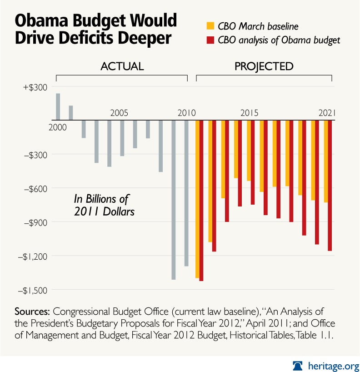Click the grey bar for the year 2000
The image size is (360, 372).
(58, 107)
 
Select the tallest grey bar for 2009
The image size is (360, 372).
(174, 200)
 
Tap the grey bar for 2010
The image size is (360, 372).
(186, 193)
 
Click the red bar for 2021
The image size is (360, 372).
(330, 186)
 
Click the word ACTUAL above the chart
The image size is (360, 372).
(121, 66)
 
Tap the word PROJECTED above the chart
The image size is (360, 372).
(264, 66)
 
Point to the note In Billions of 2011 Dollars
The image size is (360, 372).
(104, 205)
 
